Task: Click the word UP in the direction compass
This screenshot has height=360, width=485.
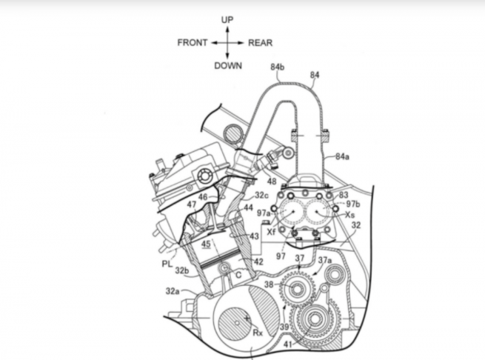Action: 227,19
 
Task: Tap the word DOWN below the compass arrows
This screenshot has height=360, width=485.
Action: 228,65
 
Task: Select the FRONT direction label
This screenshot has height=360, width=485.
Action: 193,43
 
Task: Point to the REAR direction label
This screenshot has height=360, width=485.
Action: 261,43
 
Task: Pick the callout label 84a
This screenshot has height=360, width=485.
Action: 342,157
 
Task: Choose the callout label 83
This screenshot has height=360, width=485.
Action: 343,194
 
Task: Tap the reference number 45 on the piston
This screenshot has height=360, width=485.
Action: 205,244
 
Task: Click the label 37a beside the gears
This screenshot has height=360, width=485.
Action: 324,261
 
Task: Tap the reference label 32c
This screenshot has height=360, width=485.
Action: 261,196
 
